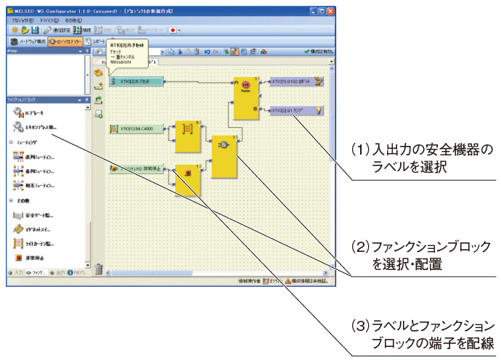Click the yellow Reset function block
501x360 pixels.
245,97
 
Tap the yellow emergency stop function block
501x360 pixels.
187,178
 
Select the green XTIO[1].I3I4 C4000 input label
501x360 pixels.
136,128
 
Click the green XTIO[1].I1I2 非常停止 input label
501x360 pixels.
136,168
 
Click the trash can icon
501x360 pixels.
98,269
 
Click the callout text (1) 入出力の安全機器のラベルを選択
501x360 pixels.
421,156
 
